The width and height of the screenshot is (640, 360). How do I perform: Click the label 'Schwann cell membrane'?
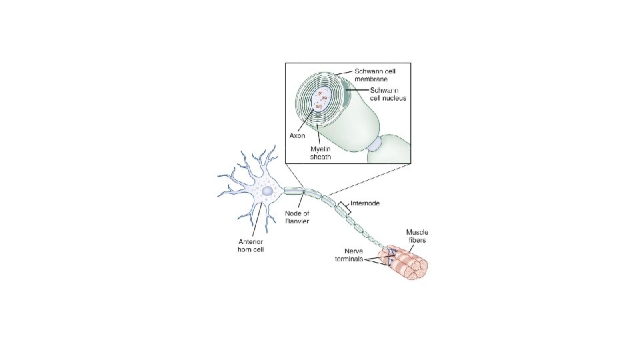373,75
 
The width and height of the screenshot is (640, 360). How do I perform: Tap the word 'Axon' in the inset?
297,135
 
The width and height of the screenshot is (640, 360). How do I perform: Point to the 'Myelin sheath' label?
321,154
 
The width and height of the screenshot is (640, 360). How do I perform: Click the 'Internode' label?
365,203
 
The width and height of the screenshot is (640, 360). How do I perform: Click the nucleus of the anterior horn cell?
267,191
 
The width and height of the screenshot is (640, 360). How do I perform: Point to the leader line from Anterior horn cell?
259,220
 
